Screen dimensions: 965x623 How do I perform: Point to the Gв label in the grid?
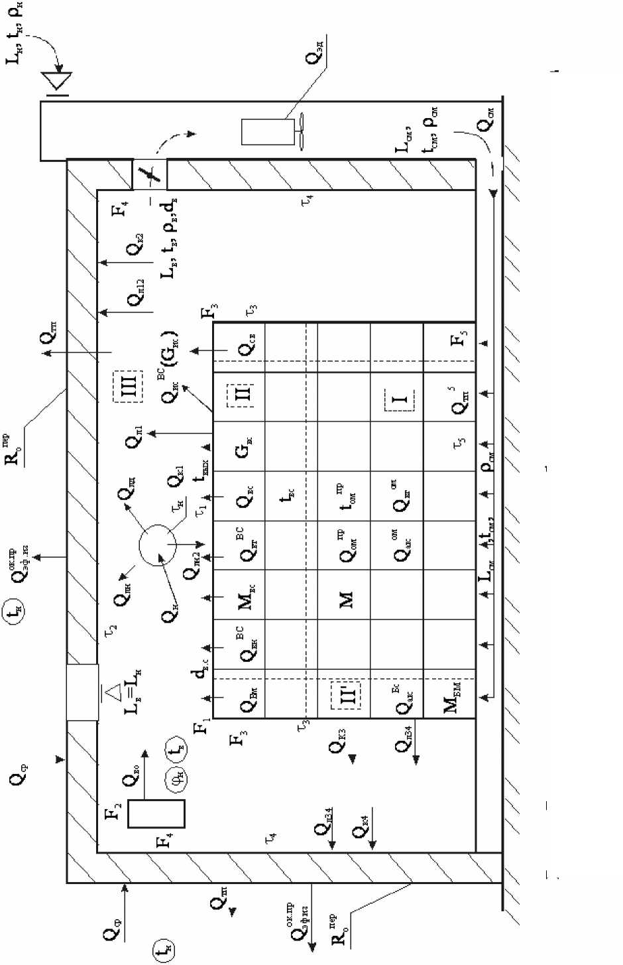tap(243, 449)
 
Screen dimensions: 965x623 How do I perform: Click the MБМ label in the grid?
tap(452, 694)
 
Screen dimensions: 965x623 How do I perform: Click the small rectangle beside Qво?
tap(156, 813)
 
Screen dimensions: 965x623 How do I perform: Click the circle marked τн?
tap(158, 546)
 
